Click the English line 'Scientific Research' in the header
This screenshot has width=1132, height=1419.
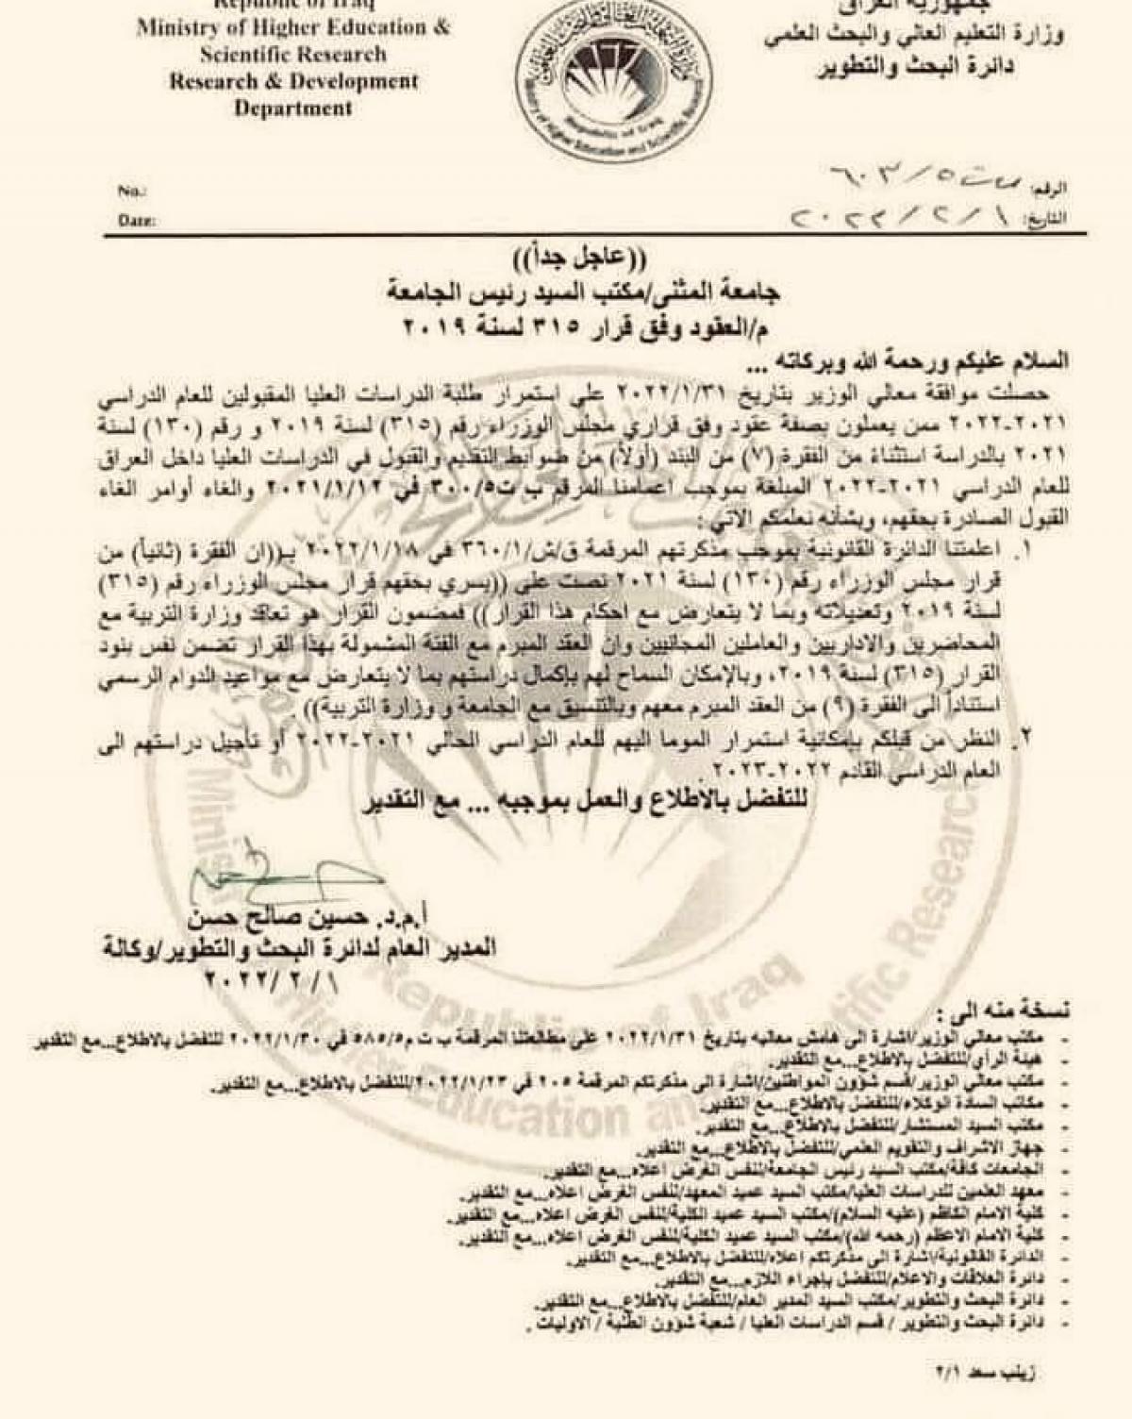point(292,55)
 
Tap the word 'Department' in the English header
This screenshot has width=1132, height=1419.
point(293,109)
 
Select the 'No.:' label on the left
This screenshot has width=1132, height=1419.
point(130,191)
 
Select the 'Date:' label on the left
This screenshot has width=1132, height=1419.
point(136,221)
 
